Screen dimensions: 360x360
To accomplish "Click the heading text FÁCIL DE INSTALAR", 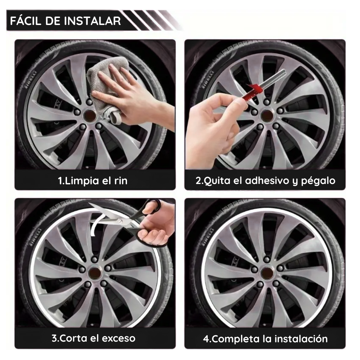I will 65,21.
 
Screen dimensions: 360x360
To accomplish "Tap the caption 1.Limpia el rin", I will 93,181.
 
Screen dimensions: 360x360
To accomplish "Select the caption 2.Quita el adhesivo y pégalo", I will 265,181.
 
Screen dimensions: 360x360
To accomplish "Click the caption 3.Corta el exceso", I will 93,338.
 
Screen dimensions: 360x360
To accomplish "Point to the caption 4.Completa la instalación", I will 265,339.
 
